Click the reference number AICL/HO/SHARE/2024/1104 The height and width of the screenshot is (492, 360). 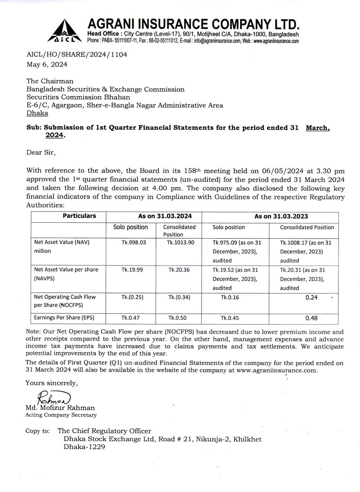[x=77, y=55]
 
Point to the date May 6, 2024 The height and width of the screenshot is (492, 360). [x=47, y=64]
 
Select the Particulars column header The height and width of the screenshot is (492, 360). [x=79, y=216]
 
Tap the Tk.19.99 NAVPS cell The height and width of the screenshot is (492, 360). [x=131, y=270]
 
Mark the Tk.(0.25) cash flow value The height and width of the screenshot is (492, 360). [x=131, y=297]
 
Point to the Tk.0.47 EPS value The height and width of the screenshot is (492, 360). [x=131, y=318]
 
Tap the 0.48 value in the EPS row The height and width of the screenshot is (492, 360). [x=311, y=318]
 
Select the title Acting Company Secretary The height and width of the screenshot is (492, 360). [x=61, y=415]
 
